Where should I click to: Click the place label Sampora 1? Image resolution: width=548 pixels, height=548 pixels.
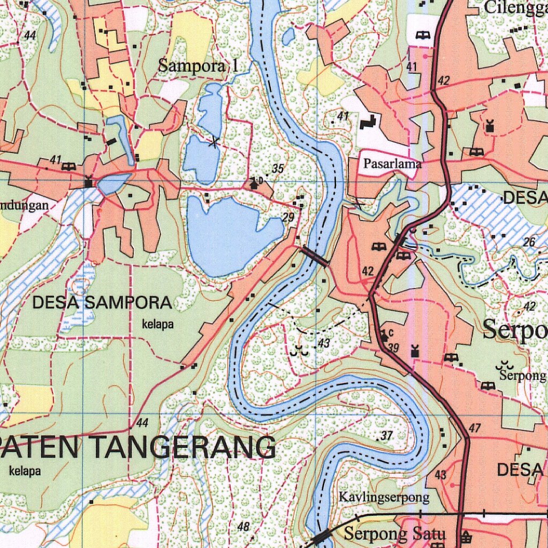[197, 66]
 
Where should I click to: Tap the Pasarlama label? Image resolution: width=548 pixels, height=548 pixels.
[392, 164]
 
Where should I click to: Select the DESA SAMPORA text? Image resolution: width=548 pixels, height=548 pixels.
[102, 302]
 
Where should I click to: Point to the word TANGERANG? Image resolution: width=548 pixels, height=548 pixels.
[182, 447]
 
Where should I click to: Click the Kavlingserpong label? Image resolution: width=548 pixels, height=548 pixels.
[384, 497]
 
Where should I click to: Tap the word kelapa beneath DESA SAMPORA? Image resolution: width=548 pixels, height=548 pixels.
[158, 324]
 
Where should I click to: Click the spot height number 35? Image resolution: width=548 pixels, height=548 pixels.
[277, 169]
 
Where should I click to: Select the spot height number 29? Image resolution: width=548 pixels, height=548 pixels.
[288, 217]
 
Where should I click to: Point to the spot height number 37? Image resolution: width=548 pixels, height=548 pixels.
[387, 436]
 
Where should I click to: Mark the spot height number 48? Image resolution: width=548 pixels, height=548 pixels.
[243, 527]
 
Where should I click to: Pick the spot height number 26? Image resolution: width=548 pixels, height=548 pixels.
[529, 242]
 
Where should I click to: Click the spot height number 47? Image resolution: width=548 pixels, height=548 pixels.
[475, 428]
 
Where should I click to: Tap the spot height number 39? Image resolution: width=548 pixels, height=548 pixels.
[393, 348]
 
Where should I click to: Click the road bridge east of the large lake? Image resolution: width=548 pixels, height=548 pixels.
[315, 256]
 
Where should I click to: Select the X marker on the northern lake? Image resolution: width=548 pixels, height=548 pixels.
[214, 142]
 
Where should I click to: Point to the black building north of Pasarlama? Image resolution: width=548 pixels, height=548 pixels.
[368, 123]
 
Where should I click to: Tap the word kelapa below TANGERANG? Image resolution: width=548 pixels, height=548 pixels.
[25, 471]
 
